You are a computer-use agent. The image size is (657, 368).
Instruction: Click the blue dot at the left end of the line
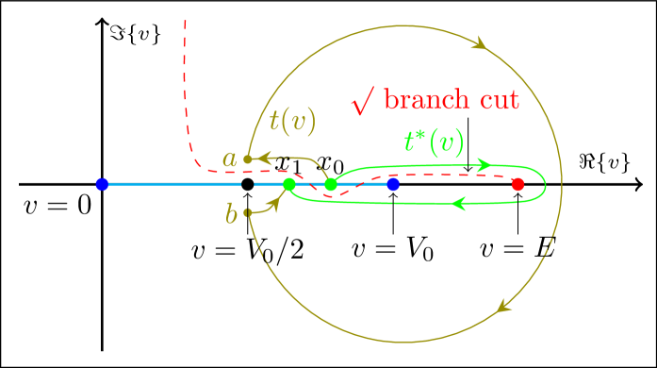click(102, 184)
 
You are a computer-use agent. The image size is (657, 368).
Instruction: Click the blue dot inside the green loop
click(393, 184)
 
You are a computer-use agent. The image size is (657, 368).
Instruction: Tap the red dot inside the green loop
click(517, 184)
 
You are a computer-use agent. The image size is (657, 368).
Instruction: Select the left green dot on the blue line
click(289, 184)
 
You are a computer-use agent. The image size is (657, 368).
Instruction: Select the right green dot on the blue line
click(331, 184)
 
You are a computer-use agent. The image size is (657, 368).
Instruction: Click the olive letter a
click(229, 159)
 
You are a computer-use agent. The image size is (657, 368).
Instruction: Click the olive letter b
click(231, 214)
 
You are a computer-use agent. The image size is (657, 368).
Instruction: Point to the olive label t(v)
click(292, 121)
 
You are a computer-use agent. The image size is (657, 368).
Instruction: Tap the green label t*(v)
click(434, 142)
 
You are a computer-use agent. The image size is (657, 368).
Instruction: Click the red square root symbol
click(363, 100)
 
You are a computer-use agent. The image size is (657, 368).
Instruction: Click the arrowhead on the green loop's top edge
click(485, 165)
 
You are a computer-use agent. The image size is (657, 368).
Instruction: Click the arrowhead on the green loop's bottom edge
click(460, 203)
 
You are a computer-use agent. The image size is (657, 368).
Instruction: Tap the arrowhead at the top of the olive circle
click(479, 43)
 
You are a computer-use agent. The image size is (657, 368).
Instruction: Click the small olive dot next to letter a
click(248, 159)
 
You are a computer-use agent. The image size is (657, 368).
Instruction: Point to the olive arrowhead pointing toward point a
click(267, 158)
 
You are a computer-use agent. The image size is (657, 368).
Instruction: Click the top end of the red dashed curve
click(185, 21)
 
